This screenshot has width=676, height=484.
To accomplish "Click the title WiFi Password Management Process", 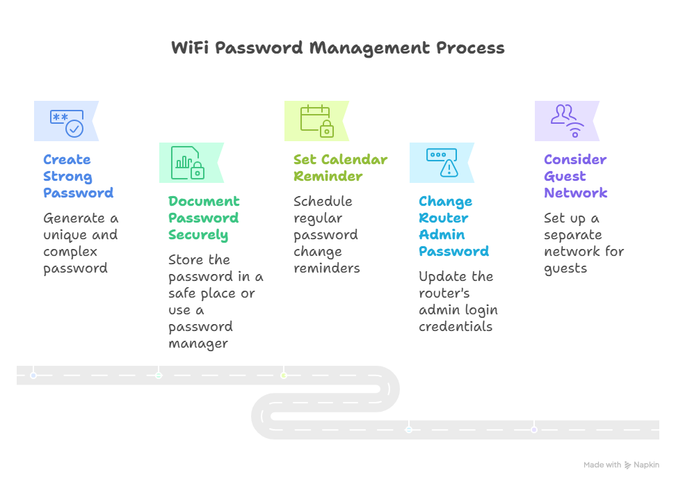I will tap(338, 48).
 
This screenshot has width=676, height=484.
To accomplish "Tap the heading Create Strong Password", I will tap(78, 176).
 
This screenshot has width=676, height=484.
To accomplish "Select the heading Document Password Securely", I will tap(203, 218).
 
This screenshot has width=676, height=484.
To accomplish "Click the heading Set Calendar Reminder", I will tap(339, 168).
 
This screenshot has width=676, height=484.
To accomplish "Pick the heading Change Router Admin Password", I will tap(453, 226).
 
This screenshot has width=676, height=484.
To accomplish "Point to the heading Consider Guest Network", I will tap(575, 176).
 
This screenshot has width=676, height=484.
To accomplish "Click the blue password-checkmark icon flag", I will tap(67, 122).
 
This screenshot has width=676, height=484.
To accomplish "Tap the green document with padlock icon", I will tap(187, 163).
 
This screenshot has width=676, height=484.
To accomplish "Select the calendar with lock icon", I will tap(316, 120).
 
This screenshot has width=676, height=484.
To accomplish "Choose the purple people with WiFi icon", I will tap(567, 120).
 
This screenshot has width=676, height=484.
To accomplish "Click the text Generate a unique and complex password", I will tap(80, 243).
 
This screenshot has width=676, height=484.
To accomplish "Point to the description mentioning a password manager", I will tap(215, 301).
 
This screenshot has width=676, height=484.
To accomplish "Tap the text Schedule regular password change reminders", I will tap(326, 235).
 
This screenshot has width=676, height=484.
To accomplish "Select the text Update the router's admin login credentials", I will tap(458, 301).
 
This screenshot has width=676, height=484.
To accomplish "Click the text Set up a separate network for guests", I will tap(584, 243).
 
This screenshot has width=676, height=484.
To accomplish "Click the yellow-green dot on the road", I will tap(284, 376).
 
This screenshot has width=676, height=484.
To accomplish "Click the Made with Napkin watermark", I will tap(621, 465).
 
